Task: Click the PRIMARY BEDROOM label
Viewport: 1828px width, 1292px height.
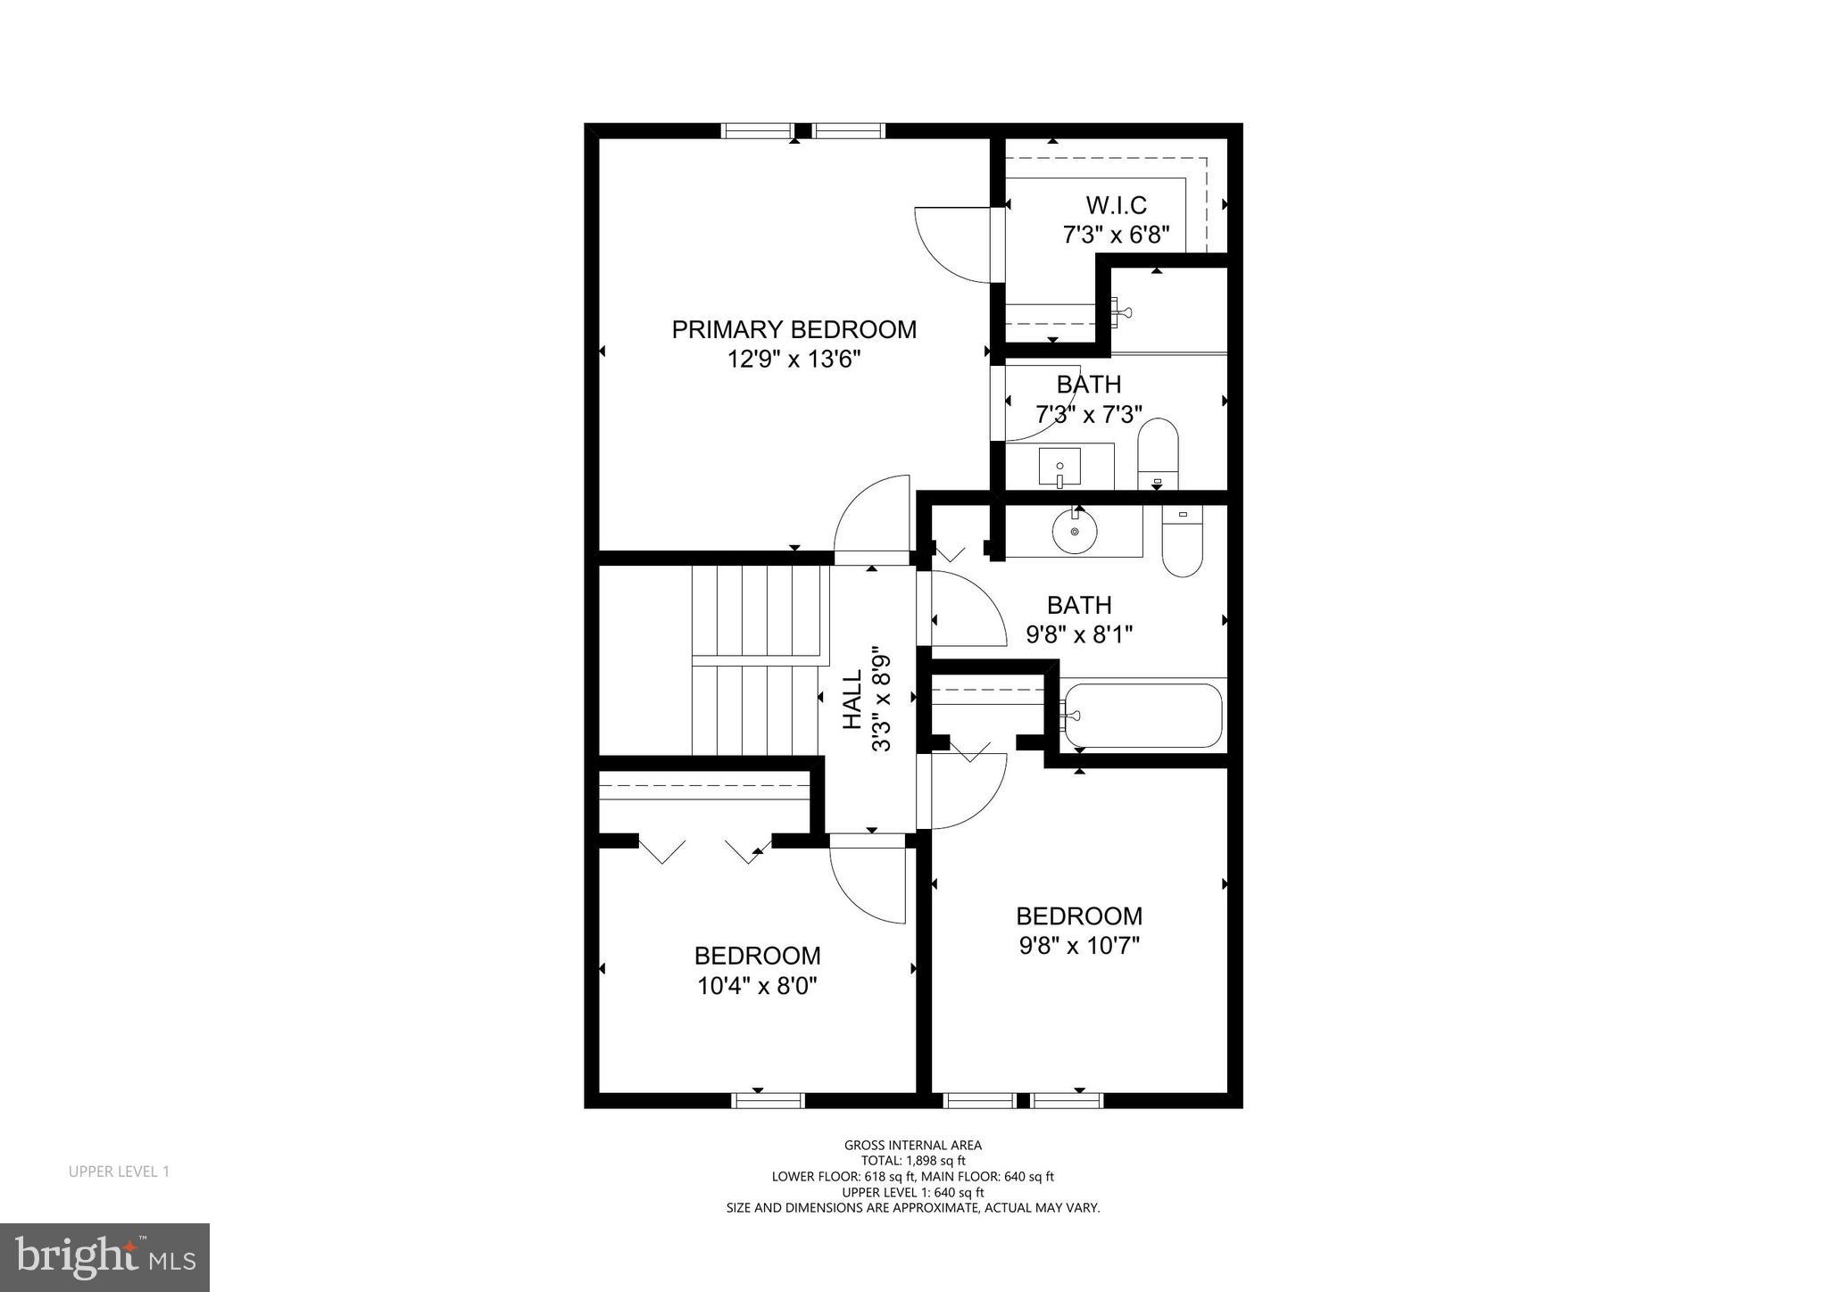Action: point(794,329)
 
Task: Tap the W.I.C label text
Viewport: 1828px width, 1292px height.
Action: point(1116,205)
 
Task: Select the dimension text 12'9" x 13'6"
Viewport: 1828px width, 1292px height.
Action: point(794,360)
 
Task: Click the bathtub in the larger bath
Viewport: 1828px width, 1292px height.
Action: point(1142,716)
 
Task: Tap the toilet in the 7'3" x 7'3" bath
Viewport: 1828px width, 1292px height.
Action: point(1158,455)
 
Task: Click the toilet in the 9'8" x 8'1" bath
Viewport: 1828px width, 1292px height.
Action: point(1182,541)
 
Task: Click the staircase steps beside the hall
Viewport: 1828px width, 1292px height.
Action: point(756,660)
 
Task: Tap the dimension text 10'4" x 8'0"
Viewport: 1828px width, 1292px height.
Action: point(757,986)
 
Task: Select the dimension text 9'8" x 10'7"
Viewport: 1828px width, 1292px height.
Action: point(1079,945)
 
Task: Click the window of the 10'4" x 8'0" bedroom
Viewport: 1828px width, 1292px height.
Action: point(768,1100)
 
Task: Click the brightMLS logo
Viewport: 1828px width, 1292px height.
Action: point(104,1258)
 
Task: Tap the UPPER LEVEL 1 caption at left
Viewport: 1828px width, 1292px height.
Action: point(119,1172)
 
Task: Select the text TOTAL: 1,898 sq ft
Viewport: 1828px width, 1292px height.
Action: point(913,1161)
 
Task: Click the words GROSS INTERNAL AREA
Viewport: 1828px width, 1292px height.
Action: point(913,1145)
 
